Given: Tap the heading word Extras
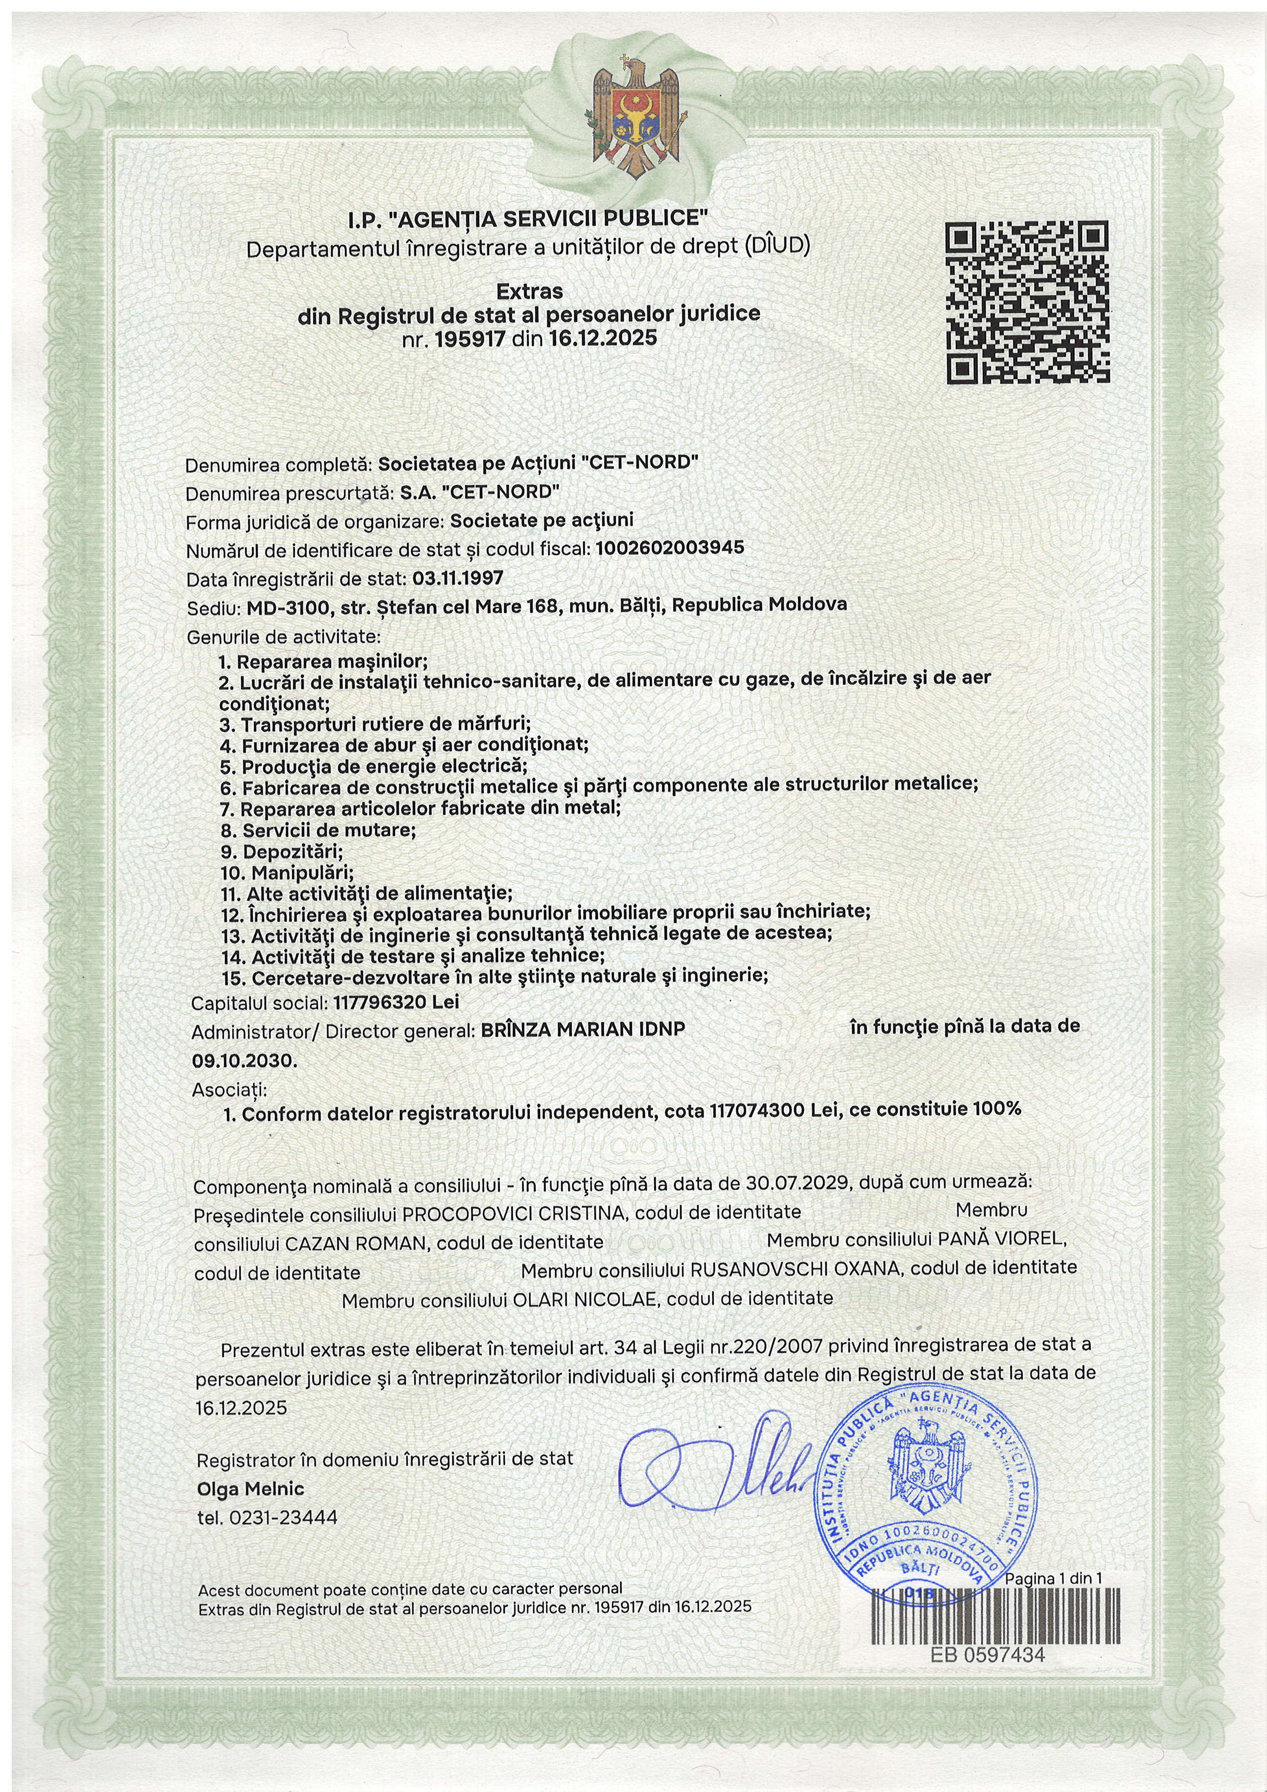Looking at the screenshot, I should pyautogui.click(x=530, y=291).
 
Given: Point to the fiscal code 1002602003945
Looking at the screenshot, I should pyautogui.click(x=669, y=548).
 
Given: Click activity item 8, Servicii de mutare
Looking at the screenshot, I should pyautogui.click(x=318, y=830).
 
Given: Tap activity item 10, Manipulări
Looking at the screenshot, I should pyautogui.click(x=287, y=872).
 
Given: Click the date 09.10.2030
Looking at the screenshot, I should pyautogui.click(x=244, y=1062).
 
